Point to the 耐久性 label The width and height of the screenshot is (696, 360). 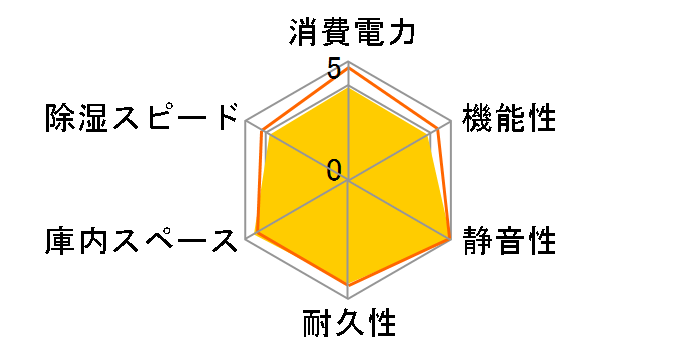coord(349,326)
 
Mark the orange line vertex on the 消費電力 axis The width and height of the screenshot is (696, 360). coord(349,68)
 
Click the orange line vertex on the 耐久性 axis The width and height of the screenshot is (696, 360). coord(349,287)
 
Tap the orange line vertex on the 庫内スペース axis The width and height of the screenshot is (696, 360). coord(257,234)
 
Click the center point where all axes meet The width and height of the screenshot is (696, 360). coord(349,181)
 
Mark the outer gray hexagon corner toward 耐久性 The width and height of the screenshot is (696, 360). coord(349,299)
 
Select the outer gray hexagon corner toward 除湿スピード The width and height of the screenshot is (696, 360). coord(247,122)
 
